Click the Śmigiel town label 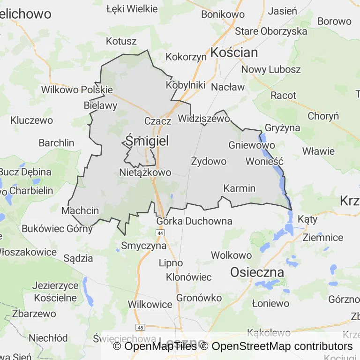click(147, 141)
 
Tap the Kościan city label click(234, 52)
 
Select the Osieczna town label click(257, 272)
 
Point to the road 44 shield click(161, 232)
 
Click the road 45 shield click(140, 327)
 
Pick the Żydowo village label click(209, 161)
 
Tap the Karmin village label click(240, 188)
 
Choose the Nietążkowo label click(145, 172)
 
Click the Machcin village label click(80, 210)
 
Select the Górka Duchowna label click(194, 221)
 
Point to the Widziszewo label click(204, 119)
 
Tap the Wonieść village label click(265, 161)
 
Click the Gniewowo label click(252, 145)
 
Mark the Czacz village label click(158, 121)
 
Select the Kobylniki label click(186, 85)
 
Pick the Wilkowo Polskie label click(77, 90)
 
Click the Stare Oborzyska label click(271, 31)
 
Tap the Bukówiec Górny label click(57, 229)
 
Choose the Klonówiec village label click(189, 277)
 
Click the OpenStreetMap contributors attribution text click(282, 346)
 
